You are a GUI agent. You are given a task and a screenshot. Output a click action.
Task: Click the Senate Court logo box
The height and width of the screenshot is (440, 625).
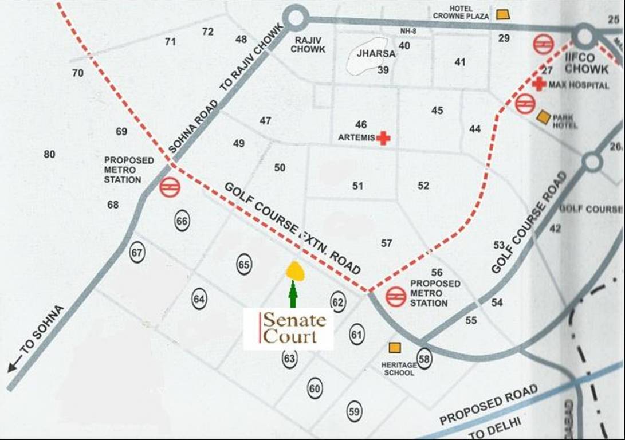pyautogui.click(x=288, y=329)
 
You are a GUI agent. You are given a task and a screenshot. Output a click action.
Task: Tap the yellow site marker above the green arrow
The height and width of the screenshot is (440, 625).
pyautogui.click(x=295, y=270)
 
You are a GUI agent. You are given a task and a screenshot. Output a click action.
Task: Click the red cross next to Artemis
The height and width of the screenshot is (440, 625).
pyautogui.click(x=383, y=137)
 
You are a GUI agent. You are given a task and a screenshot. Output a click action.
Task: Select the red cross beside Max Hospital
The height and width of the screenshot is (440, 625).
pyautogui.click(x=538, y=84)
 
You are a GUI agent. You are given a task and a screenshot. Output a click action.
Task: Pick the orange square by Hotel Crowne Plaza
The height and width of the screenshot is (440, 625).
pyautogui.click(x=502, y=14)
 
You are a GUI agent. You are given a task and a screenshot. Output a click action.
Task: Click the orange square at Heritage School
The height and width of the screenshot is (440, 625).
pyautogui.click(x=395, y=348)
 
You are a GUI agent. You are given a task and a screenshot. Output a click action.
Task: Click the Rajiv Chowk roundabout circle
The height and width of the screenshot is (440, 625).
pyautogui.click(x=296, y=18)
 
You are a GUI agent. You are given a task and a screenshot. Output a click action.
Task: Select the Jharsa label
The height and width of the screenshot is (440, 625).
pyautogui.click(x=376, y=53)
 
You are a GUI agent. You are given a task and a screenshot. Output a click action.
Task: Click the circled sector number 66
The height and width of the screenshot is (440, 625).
pyautogui.click(x=182, y=221)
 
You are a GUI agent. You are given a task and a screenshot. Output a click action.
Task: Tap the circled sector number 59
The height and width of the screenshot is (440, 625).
pyautogui.click(x=354, y=411)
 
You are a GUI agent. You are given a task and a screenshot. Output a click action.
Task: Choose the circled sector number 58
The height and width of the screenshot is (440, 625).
pyautogui.click(x=424, y=358)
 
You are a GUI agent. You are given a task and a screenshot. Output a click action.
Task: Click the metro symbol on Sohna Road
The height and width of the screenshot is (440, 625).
pyautogui.click(x=170, y=187)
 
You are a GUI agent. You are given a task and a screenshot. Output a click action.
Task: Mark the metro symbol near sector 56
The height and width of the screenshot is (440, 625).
pyautogui.click(x=395, y=296)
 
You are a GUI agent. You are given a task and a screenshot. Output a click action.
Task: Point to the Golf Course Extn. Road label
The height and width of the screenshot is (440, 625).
pyautogui.click(x=292, y=229)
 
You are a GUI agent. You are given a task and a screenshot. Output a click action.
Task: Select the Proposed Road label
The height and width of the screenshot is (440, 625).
pyautogui.click(x=489, y=405)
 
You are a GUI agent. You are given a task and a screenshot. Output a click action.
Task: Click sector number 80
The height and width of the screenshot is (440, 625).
pyautogui.click(x=49, y=154)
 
